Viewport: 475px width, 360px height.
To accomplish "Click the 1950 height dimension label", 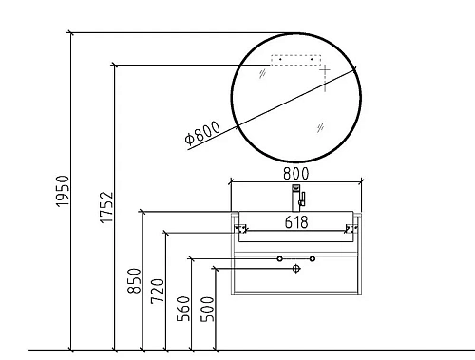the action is (63, 191).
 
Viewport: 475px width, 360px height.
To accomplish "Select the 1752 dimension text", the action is (106, 207).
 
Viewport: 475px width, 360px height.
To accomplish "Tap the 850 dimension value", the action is (134, 281).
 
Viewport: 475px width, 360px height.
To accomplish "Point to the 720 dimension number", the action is (158, 292).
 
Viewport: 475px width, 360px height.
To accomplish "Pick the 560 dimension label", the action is (183, 309).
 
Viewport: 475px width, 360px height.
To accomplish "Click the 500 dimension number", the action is (208, 309).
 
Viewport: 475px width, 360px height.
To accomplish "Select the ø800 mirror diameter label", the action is (202, 132).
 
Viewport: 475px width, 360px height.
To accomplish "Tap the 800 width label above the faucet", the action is (296, 174).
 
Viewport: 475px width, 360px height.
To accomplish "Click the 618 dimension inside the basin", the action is (296, 222).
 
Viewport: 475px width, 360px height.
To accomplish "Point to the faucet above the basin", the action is (297, 198).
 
